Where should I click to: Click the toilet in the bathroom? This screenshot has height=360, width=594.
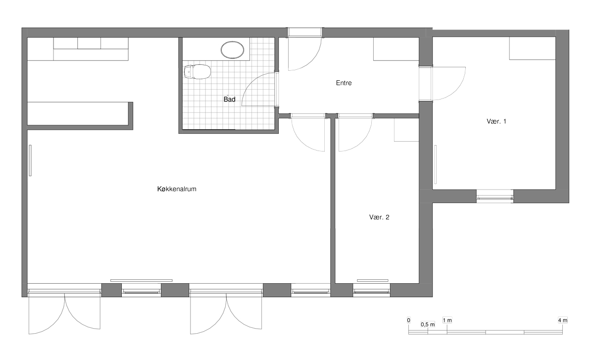[x=198, y=72]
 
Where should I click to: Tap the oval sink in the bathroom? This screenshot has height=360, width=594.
[x=232, y=50]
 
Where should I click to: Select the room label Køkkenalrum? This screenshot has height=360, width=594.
[x=177, y=189]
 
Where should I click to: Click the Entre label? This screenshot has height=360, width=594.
[x=344, y=83]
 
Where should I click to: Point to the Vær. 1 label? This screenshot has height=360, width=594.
[x=496, y=121]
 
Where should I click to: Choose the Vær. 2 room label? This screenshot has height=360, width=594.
[x=379, y=217]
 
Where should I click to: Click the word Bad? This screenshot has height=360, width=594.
[x=229, y=100]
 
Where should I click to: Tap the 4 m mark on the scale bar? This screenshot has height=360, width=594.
[x=562, y=320]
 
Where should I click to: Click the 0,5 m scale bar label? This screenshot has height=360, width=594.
[x=428, y=324]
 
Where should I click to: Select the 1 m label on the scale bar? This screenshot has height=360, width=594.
[x=447, y=320]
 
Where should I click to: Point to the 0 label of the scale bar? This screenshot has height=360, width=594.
[x=409, y=320]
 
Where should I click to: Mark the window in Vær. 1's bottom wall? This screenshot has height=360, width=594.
[x=495, y=197]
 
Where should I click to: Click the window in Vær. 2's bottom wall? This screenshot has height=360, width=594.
[x=372, y=290]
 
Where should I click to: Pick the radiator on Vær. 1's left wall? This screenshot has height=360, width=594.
[x=436, y=164]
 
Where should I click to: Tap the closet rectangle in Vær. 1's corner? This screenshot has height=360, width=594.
[x=532, y=49]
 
